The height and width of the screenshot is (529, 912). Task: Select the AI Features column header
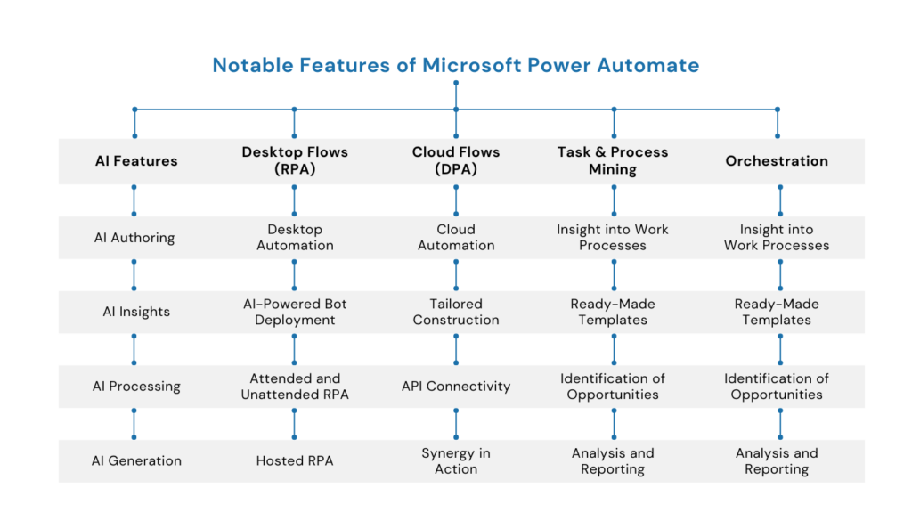tap(136, 161)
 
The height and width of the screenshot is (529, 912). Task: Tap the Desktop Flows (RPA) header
tap(295, 161)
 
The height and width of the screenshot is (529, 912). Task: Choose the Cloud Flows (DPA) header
tap(456, 161)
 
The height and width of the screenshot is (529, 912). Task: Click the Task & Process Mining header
tap(613, 161)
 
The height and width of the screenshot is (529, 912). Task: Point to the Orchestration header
tap(777, 161)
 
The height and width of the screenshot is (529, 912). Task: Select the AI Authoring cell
tap(134, 238)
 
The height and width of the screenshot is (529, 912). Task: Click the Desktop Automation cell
tap(295, 238)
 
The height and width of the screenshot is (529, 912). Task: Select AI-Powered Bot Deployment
tap(295, 312)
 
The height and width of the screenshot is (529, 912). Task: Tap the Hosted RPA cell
tap(295, 460)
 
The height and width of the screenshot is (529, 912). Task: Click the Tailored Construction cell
tap(456, 312)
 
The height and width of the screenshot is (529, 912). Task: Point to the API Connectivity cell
tap(456, 387)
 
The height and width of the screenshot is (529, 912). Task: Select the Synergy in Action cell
tap(456, 460)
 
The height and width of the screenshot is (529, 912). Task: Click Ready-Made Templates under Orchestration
tap(777, 312)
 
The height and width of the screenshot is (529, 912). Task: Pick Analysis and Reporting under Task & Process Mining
tap(613, 460)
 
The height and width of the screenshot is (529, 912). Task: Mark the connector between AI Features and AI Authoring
tap(134, 200)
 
